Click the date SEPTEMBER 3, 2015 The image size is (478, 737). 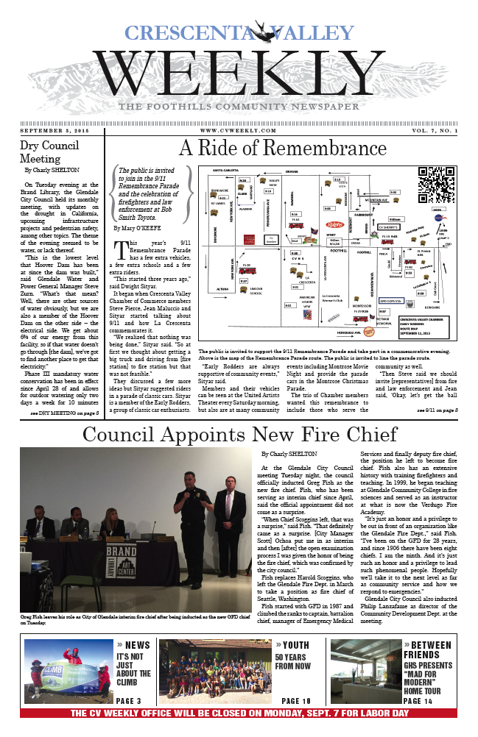56,131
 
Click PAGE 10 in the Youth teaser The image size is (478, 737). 297,701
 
